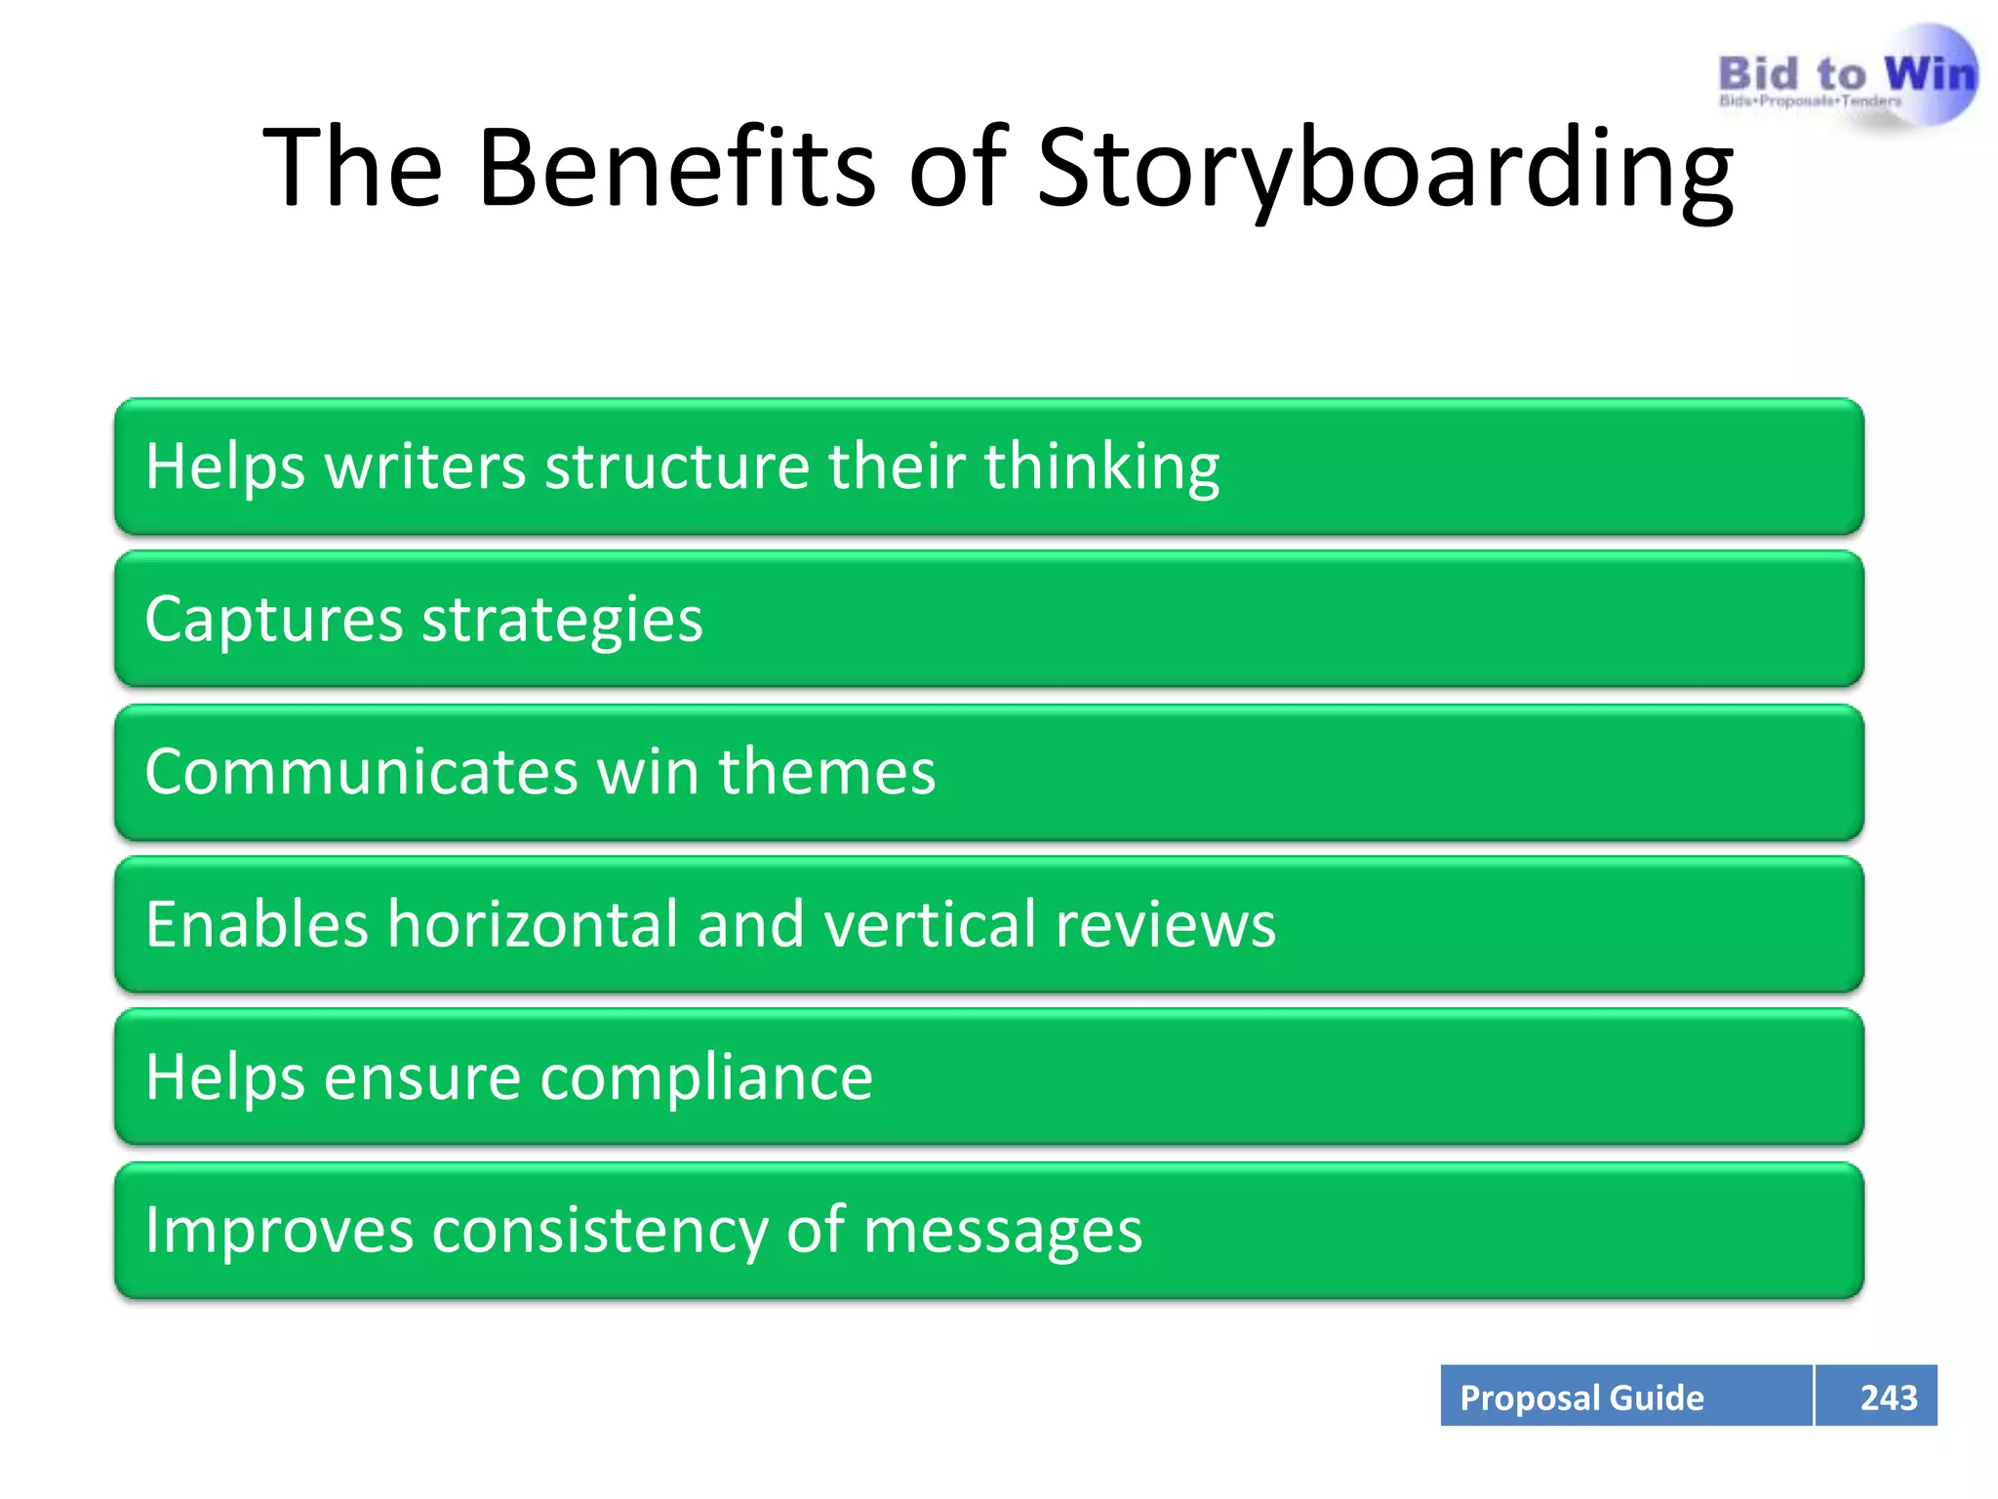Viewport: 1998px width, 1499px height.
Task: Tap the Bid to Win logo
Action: (x=1847, y=78)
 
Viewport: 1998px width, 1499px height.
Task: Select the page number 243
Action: (x=1888, y=1398)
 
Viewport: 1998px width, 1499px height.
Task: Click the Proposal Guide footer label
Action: (x=1580, y=1398)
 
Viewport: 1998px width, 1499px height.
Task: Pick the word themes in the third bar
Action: (x=826, y=772)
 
